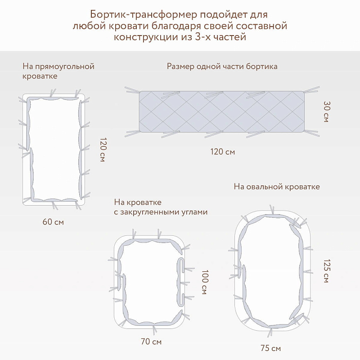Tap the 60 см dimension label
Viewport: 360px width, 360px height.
pos(53,222)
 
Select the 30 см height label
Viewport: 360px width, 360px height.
pos(327,112)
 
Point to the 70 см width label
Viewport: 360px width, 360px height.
pos(151,342)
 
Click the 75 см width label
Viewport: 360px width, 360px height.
pos(271,348)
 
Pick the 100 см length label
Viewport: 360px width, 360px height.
pos(204,282)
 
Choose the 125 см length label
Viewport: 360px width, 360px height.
pos(327,271)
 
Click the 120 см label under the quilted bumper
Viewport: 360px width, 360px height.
pos(222,152)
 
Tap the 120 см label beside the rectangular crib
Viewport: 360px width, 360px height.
pos(103,150)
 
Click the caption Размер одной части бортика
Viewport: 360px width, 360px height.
pos(222,66)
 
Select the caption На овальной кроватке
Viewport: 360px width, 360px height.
pos(277,186)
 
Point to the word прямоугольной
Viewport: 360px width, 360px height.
pos(65,67)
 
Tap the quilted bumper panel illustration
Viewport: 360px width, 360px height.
pos(222,112)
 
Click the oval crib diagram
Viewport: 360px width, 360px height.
pos(272,271)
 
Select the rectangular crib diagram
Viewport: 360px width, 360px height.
pos(54,149)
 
